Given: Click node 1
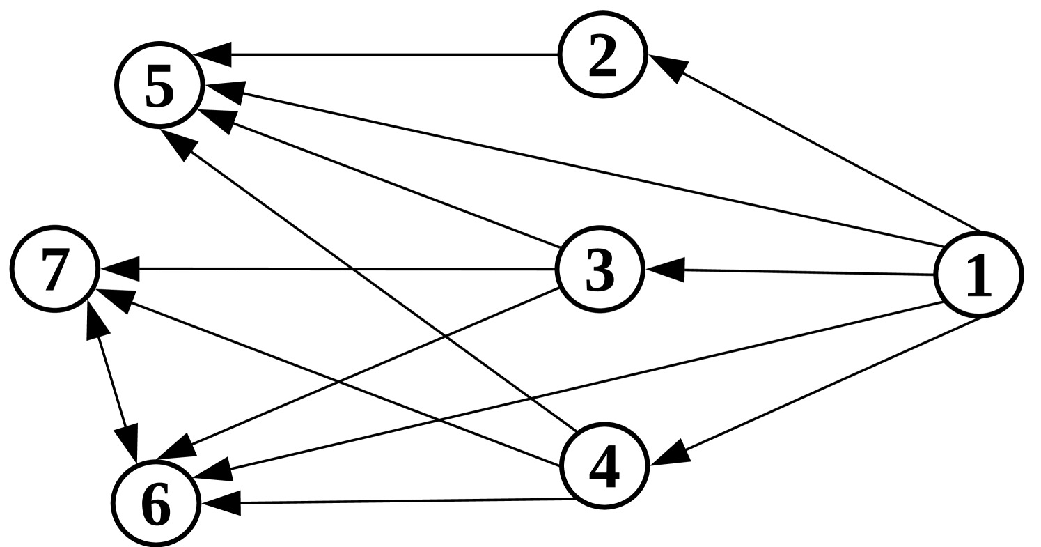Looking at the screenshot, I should [x=978, y=275].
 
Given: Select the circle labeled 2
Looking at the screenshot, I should [x=602, y=55].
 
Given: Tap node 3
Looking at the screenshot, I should [x=599, y=270].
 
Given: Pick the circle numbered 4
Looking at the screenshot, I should [x=604, y=465].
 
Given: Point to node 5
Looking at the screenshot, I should [x=159, y=85].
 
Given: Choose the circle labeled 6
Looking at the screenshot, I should [x=156, y=503].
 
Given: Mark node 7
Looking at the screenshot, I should [x=54, y=269].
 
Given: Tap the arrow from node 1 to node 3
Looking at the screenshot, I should [x=808, y=272].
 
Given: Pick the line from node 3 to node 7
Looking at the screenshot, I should [x=348, y=269].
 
